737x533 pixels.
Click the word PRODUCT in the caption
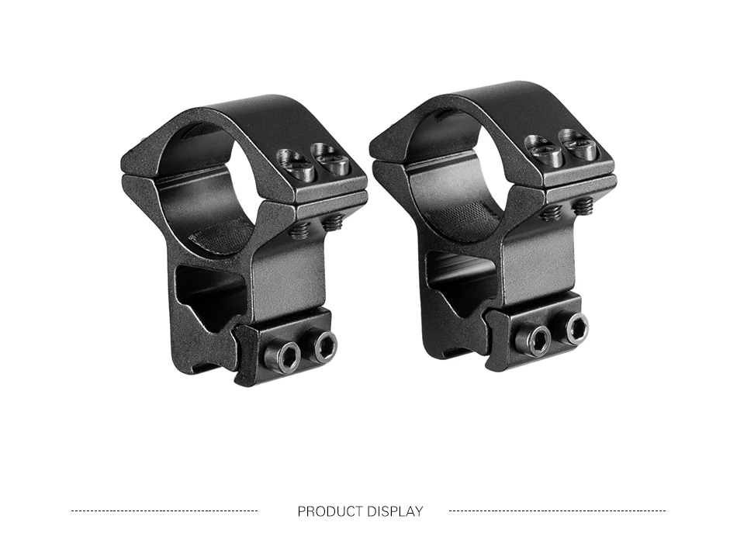click(330, 511)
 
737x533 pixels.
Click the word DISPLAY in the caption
click(395, 511)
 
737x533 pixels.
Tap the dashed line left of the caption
click(164, 511)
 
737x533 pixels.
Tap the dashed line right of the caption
click(558, 511)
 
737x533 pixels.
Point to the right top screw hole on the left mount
click(331, 158)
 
